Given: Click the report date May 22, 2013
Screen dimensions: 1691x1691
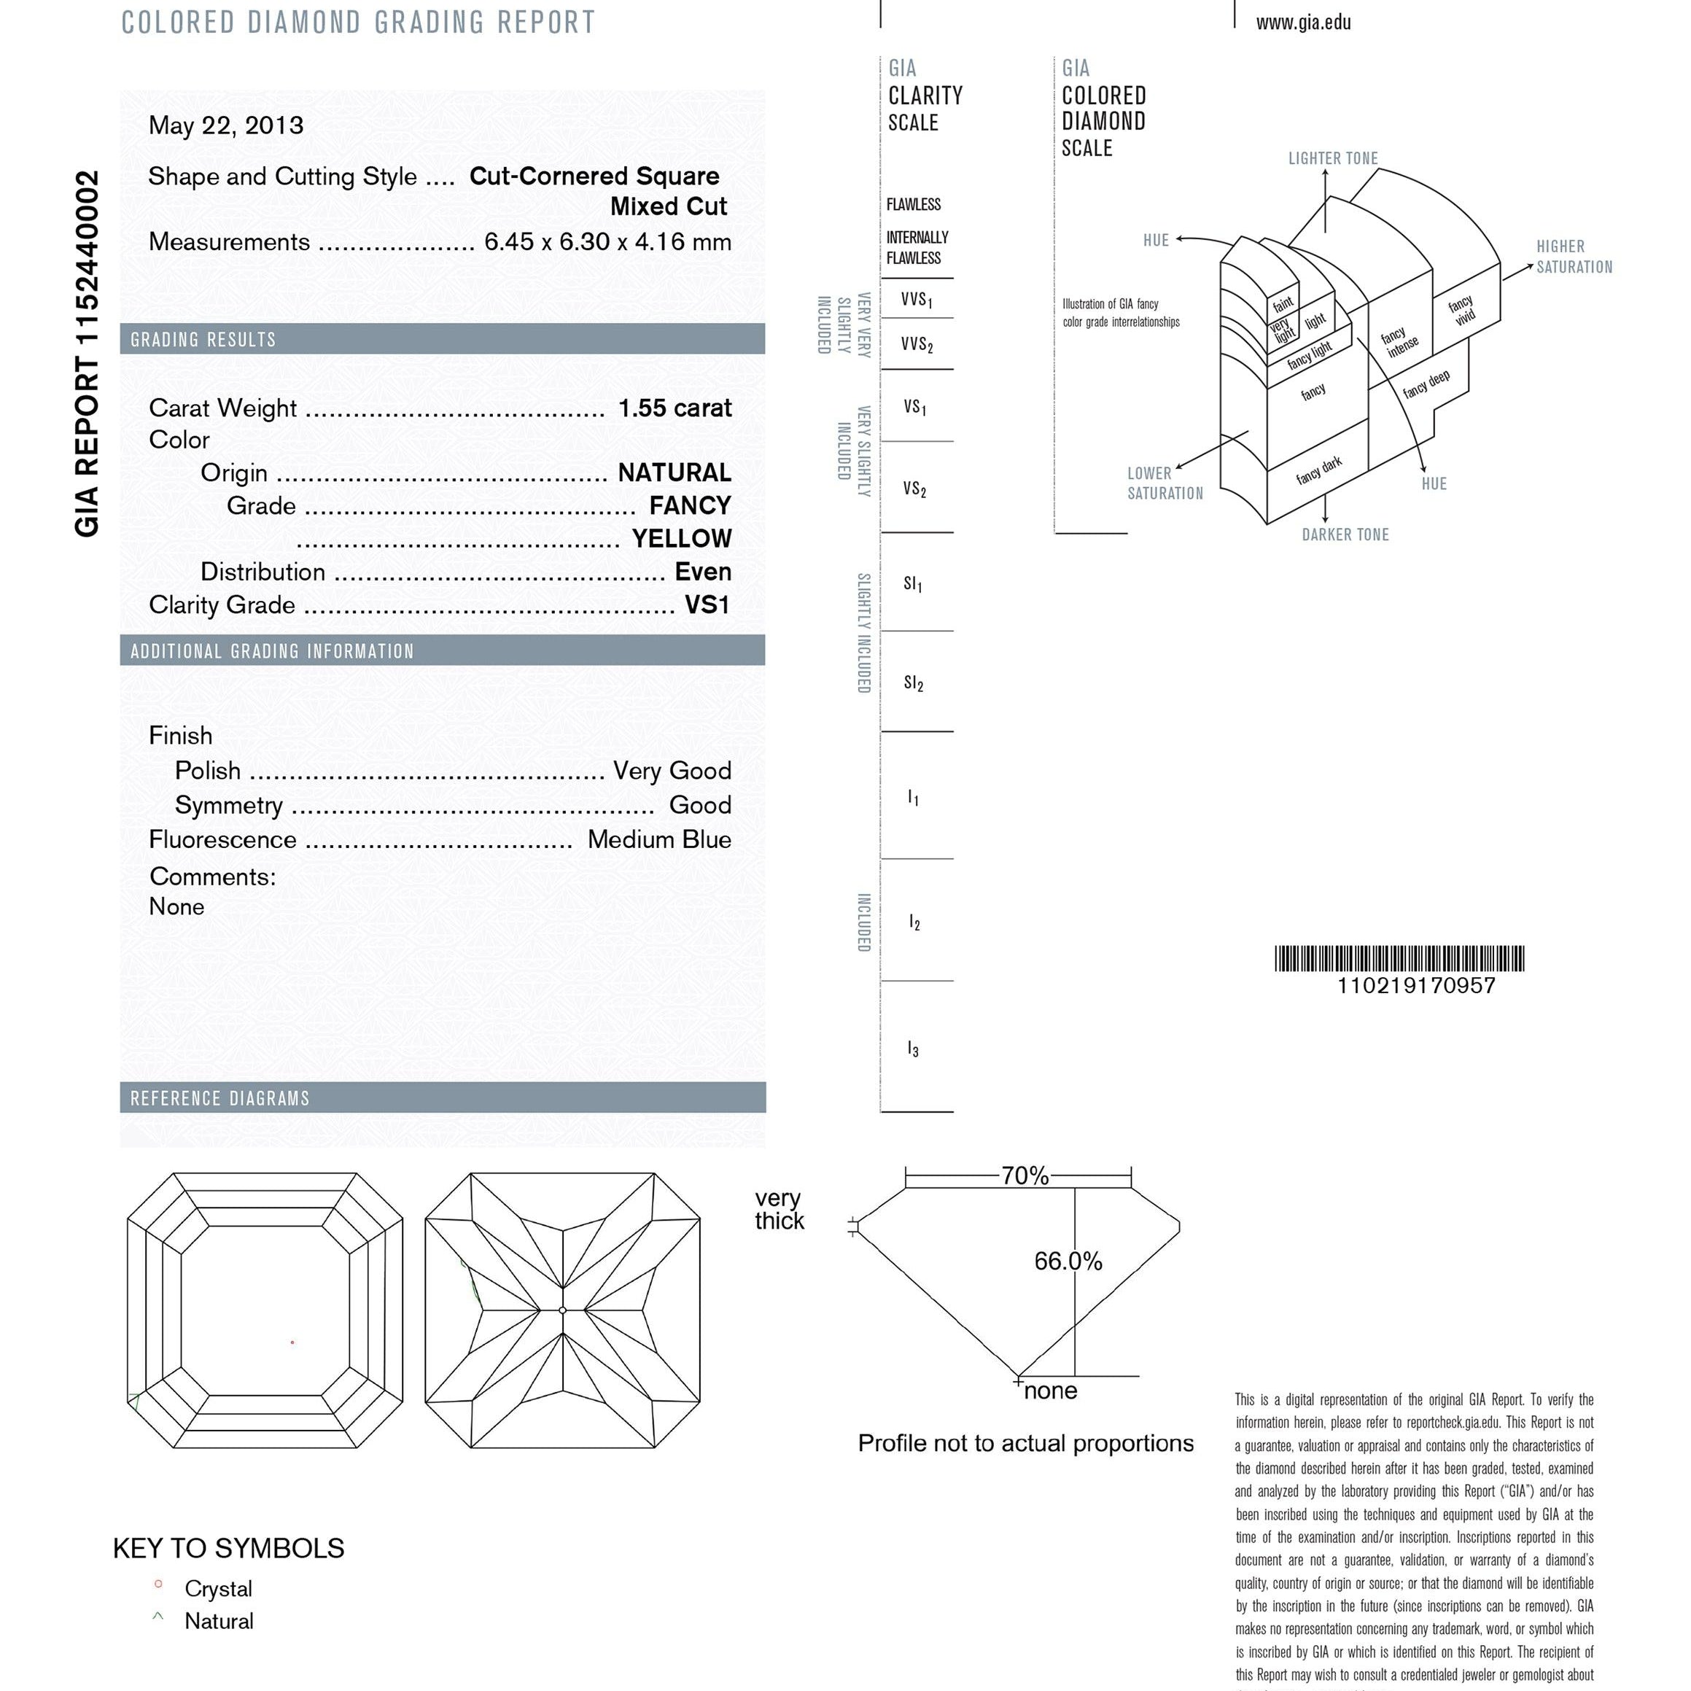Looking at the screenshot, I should (x=226, y=125).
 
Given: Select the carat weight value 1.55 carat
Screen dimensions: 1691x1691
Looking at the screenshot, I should (x=674, y=408).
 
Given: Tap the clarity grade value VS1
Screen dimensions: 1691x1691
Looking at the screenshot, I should (x=707, y=605).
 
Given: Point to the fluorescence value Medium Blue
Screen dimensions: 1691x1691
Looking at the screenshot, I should (x=658, y=839).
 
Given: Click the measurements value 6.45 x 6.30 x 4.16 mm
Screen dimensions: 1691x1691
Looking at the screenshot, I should (x=607, y=241).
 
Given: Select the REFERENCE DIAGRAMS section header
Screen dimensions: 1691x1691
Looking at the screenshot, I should (x=219, y=1098).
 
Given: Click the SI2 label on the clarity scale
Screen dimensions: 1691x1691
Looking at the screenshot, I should (x=913, y=683).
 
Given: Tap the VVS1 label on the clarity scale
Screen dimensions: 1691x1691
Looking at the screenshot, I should (x=916, y=300).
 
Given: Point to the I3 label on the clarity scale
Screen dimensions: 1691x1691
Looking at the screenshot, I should (x=913, y=1048).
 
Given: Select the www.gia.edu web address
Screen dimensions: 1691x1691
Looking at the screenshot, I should (x=1302, y=23).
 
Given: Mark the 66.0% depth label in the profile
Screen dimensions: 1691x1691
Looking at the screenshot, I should (x=1068, y=1262).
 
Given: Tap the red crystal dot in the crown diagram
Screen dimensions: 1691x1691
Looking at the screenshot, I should (x=292, y=1342).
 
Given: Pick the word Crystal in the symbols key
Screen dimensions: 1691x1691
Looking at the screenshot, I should (x=218, y=1589).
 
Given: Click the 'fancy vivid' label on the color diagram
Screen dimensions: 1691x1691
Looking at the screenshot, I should (x=1463, y=310).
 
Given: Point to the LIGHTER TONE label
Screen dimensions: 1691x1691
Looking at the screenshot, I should (x=1332, y=158).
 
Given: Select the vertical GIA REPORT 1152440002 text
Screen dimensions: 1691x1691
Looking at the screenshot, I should (x=87, y=354).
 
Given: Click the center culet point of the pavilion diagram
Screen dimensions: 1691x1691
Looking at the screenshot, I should (x=563, y=1310).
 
